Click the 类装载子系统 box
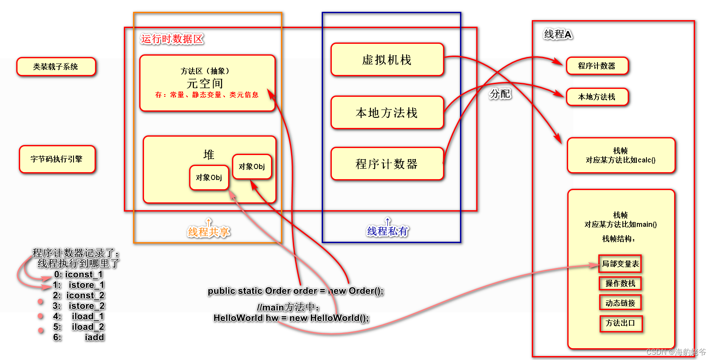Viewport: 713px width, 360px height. coord(56,67)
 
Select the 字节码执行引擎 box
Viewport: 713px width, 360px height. coord(57,159)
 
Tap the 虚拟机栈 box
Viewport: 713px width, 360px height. coord(387,60)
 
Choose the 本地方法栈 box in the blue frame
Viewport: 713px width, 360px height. coord(387,113)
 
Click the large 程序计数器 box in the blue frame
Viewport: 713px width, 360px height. coord(387,164)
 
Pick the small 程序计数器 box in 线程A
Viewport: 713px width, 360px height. coord(597,66)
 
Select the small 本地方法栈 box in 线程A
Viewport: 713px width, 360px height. coord(597,97)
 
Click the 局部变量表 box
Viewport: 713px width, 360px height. coord(620,264)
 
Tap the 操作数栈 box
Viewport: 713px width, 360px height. coord(620,283)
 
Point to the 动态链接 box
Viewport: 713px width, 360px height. coord(620,303)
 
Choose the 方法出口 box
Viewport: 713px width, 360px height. coord(620,323)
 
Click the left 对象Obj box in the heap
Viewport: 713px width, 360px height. coord(209,177)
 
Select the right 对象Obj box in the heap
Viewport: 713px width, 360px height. coord(252,166)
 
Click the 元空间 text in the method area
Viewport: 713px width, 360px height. coord(205,83)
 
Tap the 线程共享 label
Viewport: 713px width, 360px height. coord(208,232)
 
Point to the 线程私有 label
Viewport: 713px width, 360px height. coord(387,231)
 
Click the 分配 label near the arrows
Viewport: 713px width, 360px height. coord(500,94)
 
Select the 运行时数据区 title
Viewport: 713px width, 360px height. coord(172,39)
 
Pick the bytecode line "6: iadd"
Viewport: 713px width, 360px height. coord(79,337)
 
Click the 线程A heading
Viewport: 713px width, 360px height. coord(558,34)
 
